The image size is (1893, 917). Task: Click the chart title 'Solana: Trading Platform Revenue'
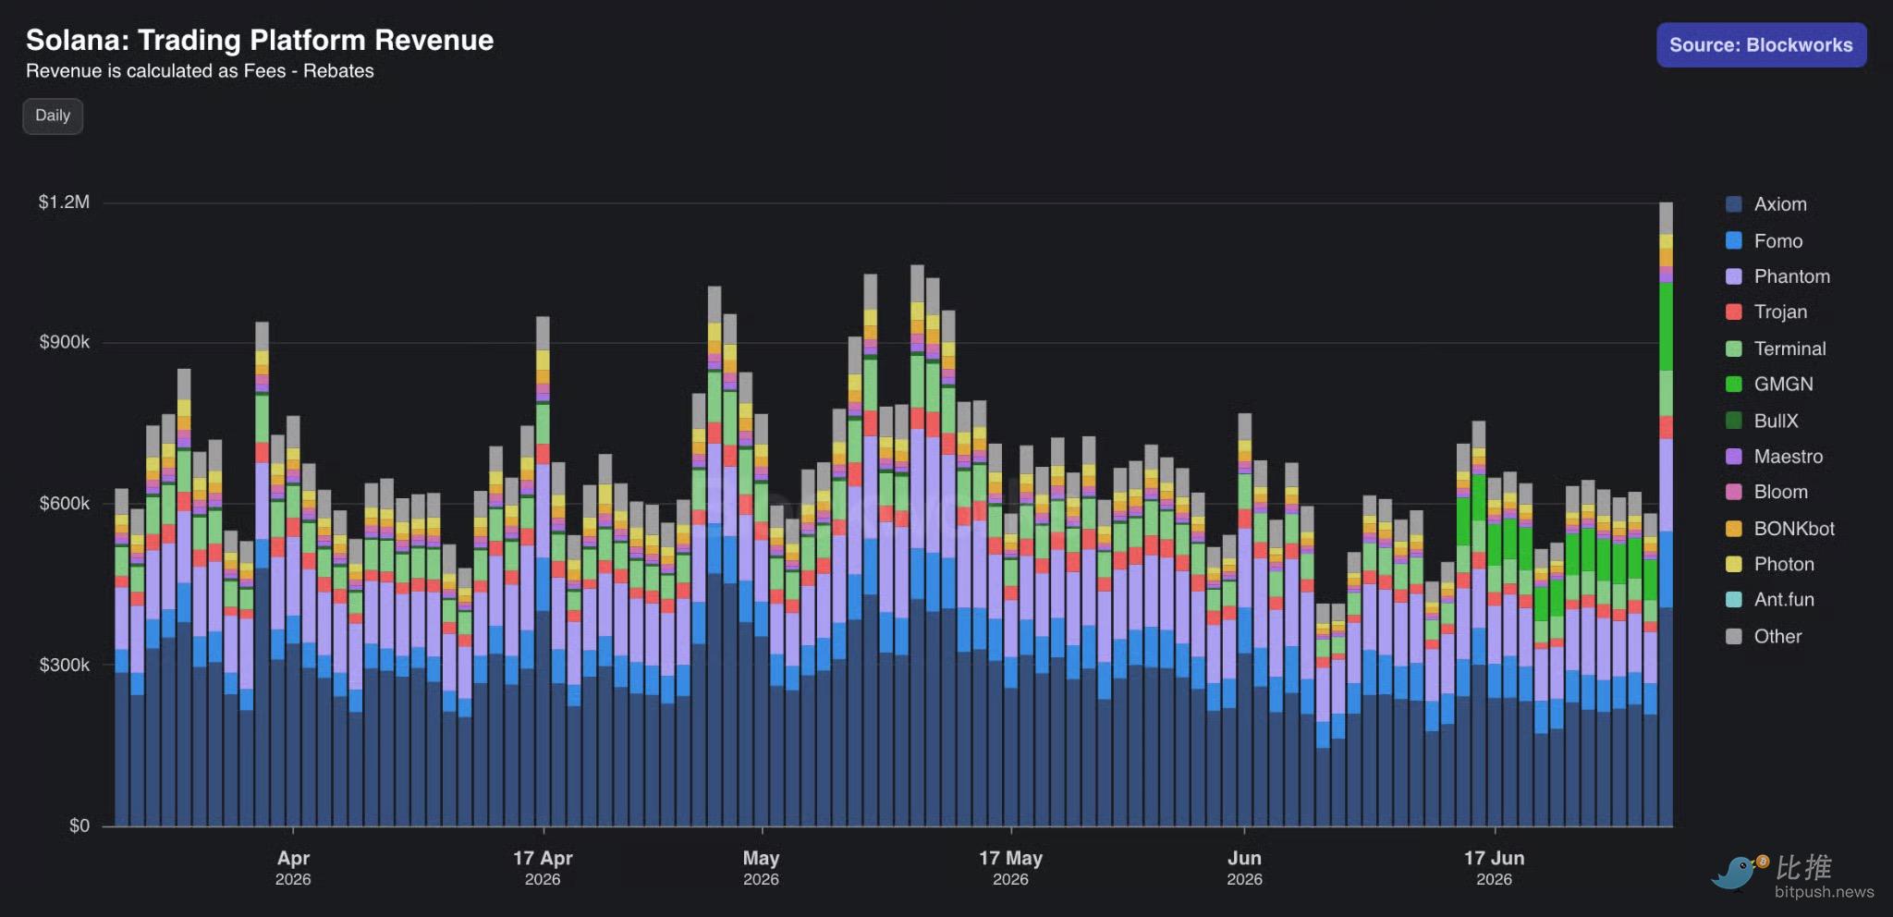(260, 40)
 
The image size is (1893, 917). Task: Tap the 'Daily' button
(53, 116)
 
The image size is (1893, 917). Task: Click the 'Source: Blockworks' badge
(1761, 44)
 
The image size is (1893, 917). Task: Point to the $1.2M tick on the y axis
(64, 202)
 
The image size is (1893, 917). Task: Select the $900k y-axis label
(65, 342)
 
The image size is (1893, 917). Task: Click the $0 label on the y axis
(79, 825)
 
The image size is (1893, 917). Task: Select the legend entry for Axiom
(1766, 204)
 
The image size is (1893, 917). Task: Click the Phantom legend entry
(1777, 276)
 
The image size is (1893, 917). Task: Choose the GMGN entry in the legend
(1769, 384)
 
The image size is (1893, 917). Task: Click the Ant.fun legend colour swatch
(1734, 599)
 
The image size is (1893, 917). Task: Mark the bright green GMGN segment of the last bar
(1666, 326)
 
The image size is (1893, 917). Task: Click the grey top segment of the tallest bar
(1666, 218)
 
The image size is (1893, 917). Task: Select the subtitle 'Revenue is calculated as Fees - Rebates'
(200, 71)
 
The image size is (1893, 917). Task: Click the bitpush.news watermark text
(1824, 892)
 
